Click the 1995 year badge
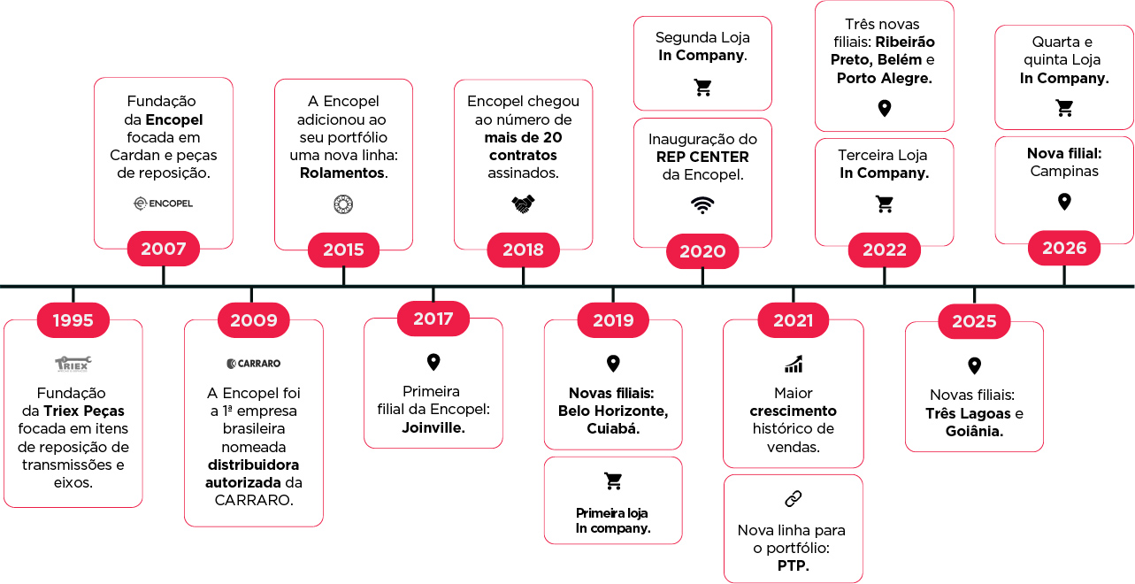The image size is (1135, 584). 73,320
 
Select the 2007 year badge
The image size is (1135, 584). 163,249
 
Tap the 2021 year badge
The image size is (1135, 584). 793,320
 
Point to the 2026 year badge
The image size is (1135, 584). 1064,248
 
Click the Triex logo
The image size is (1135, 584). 73,364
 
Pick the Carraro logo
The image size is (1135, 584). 253,364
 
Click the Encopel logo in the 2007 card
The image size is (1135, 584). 163,204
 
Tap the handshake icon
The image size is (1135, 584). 523,204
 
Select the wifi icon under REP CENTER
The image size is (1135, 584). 702,204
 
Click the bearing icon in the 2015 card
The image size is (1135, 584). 343,204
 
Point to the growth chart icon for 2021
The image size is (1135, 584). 794,364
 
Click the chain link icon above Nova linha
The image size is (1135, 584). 793,499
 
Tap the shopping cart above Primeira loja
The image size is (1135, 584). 613,480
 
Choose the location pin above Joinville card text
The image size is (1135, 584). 433,362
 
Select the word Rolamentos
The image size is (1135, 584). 342,173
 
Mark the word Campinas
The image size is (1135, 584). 1064,172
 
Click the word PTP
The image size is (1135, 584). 792,565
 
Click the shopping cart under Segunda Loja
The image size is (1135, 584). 702,88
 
